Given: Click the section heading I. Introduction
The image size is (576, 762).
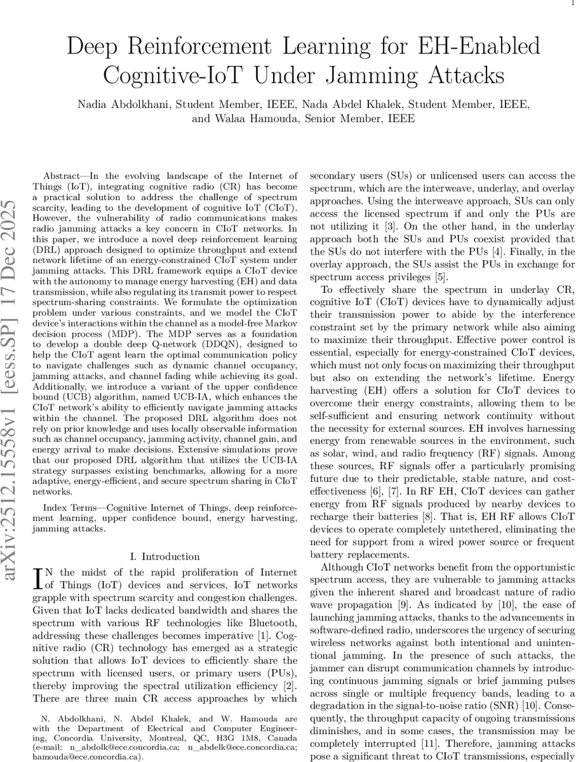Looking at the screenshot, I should tap(165, 556).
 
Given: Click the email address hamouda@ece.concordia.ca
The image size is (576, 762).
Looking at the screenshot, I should tap(88, 757).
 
